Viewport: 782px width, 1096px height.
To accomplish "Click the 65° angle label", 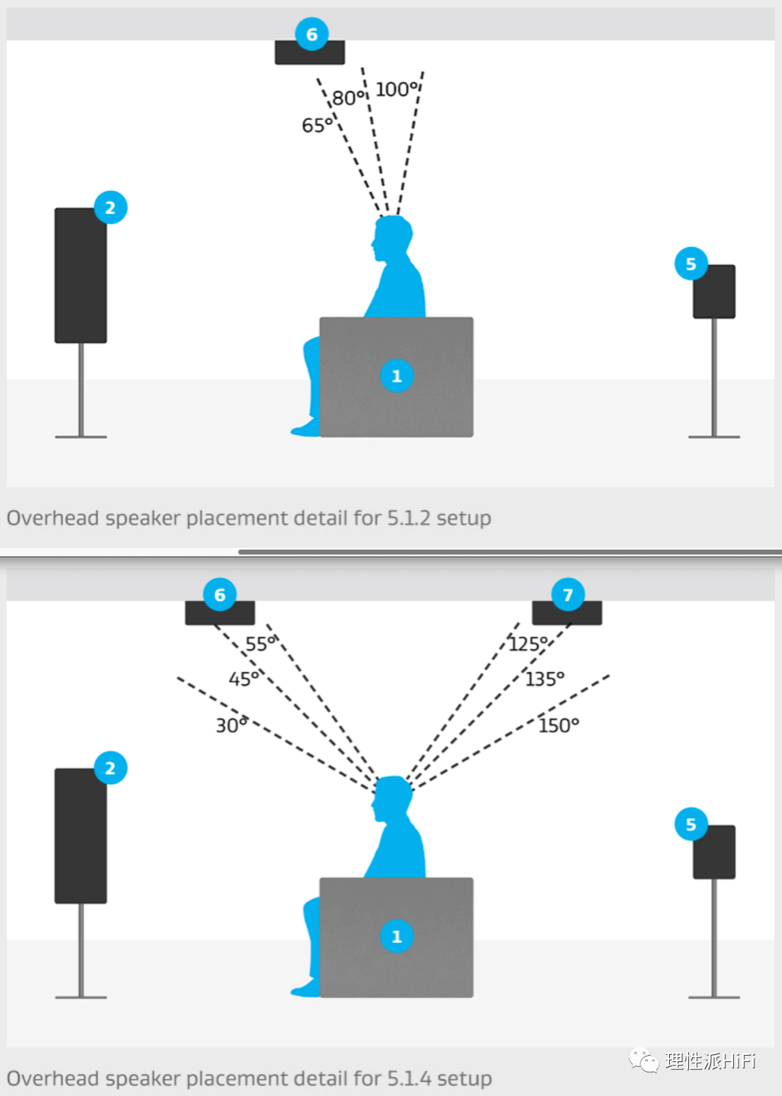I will tap(317, 126).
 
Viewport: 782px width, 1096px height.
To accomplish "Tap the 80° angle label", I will tap(348, 98).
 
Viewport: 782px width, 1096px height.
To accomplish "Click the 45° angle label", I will tap(244, 679).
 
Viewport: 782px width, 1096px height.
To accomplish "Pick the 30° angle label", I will tap(231, 725).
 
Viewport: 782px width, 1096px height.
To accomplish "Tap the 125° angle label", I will tap(528, 644).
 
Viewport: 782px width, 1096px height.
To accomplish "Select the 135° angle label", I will tap(545, 679).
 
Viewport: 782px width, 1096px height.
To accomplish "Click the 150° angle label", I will tap(558, 725).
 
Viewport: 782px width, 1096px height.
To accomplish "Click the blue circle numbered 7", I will tap(568, 595).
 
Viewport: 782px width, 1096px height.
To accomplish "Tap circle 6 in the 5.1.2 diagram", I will tap(312, 35).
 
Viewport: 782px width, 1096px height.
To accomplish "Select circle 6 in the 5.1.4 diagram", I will tap(220, 595).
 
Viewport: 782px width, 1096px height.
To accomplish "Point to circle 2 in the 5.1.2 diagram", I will tap(111, 208).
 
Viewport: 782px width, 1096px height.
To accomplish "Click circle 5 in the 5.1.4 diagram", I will tap(691, 824).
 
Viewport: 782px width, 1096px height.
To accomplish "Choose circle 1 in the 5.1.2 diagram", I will tap(397, 377).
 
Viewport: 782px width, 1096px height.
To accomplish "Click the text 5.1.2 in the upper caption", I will tap(408, 518).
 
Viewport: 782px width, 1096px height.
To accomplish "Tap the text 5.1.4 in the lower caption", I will tap(408, 1079).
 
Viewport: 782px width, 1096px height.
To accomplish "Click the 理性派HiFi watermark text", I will tap(709, 1060).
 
